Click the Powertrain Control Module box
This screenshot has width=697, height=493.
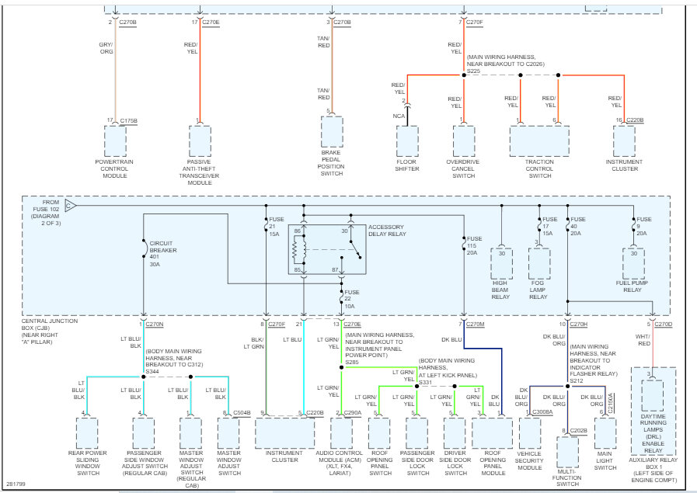click(x=115, y=141)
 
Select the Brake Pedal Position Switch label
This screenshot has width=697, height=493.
click(x=332, y=163)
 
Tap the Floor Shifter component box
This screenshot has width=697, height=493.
click(x=407, y=141)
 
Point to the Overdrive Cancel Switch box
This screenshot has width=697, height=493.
click(x=464, y=141)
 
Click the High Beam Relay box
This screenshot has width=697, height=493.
click(x=501, y=263)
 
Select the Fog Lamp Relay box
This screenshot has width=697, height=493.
click(x=538, y=263)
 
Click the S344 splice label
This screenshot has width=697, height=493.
click(x=154, y=371)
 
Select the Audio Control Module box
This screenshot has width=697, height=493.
click(x=341, y=433)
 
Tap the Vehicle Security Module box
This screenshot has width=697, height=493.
click(x=530, y=433)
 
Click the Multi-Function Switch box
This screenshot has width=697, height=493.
click(x=568, y=450)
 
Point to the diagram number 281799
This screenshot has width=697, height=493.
click(x=15, y=484)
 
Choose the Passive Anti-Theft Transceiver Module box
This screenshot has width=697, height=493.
click(x=200, y=141)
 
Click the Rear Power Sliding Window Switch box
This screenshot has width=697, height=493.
click(x=87, y=433)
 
